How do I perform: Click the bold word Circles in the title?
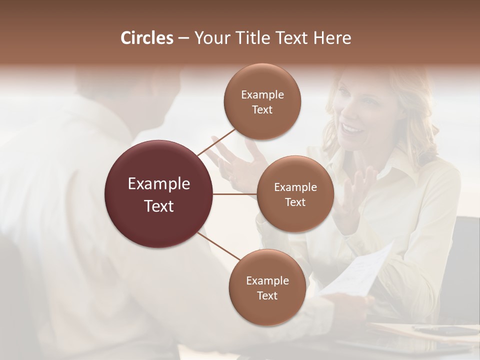click(146, 38)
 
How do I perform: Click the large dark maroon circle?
click(158, 194)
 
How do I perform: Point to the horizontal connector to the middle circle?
click(235, 194)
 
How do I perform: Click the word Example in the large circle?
click(158, 183)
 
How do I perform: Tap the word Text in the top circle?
click(262, 110)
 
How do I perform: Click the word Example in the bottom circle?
click(267, 280)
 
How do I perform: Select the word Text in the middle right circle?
click(295, 202)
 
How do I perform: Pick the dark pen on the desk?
click(440, 330)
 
